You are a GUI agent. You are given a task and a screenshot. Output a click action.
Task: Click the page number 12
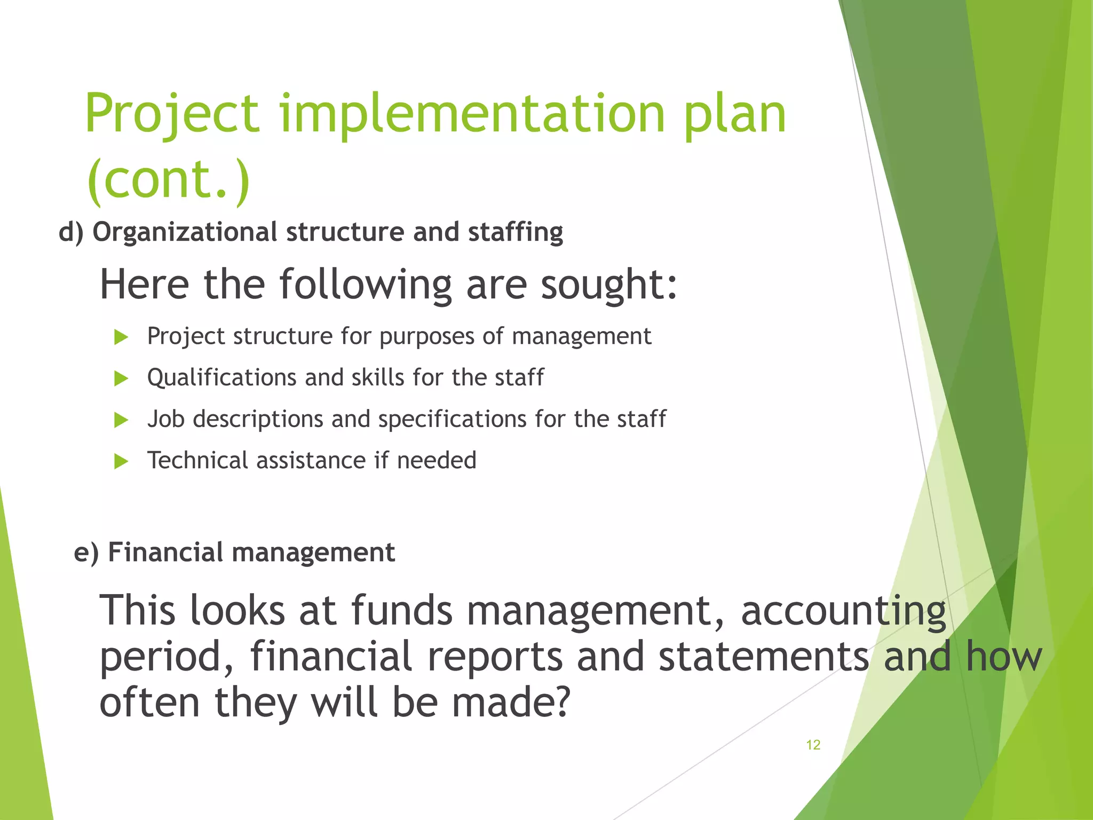point(813,745)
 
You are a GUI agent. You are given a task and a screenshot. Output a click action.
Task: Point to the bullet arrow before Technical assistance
point(121,461)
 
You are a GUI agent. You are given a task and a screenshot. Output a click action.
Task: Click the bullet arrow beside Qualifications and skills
point(121,379)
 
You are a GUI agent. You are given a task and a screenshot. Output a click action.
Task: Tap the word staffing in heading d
point(516,232)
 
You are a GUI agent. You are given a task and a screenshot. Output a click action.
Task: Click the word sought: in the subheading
point(609,285)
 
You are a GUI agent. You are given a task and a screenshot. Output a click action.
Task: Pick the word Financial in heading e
point(165,552)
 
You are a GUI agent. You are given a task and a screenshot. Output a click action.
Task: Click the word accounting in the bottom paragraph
point(843,610)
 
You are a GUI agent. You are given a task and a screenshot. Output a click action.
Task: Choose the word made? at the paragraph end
point(511,702)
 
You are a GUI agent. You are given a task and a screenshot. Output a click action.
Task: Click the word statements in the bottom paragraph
point(764,656)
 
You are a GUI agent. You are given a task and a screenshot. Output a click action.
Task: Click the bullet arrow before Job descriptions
point(121,420)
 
